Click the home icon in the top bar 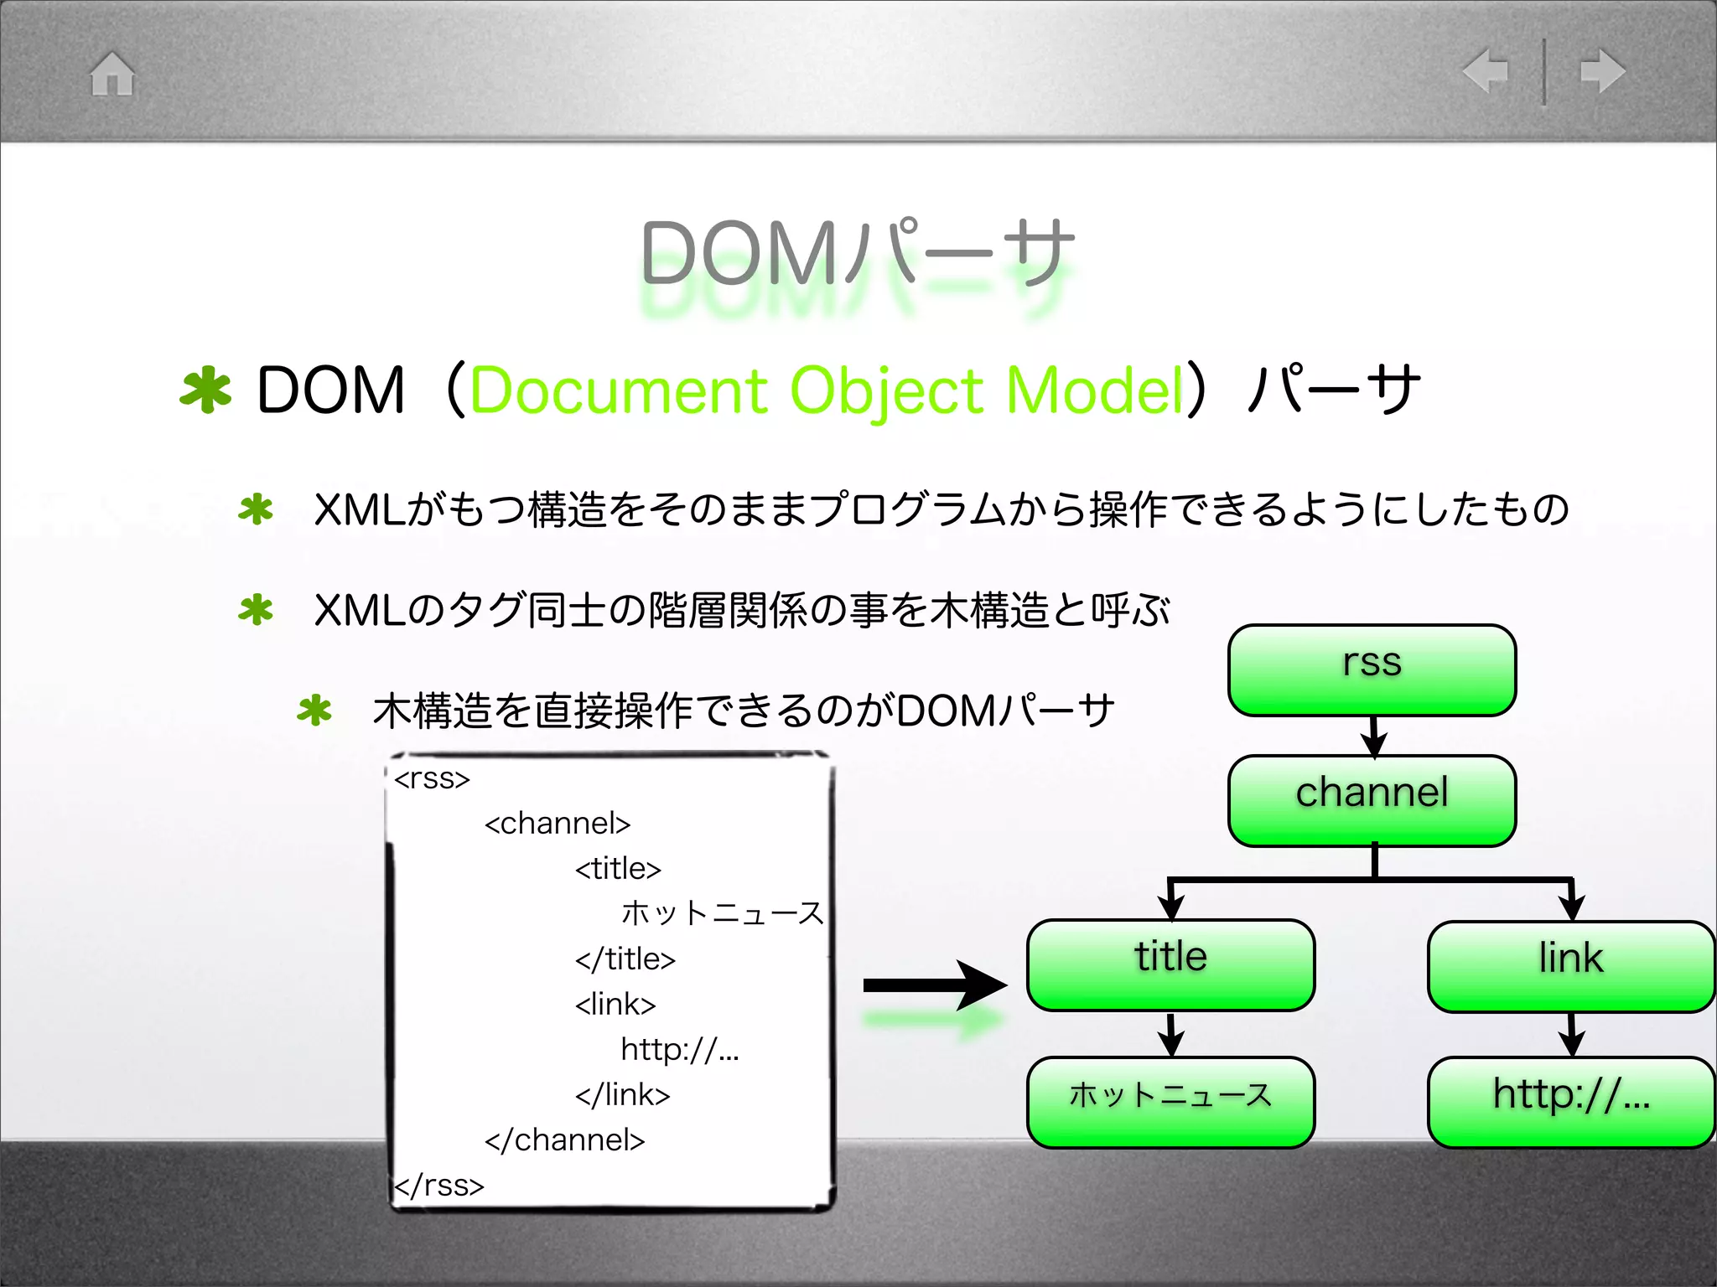point(112,74)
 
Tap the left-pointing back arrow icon point(1486,70)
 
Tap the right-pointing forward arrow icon point(1602,70)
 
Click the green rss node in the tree point(1372,670)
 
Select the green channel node point(1372,800)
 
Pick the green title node point(1170,964)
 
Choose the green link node point(1571,966)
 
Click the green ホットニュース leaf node point(1170,1101)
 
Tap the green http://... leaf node point(1571,1101)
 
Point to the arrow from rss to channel point(1373,737)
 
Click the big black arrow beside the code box point(934,985)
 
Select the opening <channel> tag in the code point(558,824)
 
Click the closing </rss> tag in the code point(439,1185)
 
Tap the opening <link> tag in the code point(615,1004)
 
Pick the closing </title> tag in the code point(625,959)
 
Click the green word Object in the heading point(886,391)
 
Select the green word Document point(619,391)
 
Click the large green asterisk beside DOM point(205,390)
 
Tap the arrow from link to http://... point(1571,1036)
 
